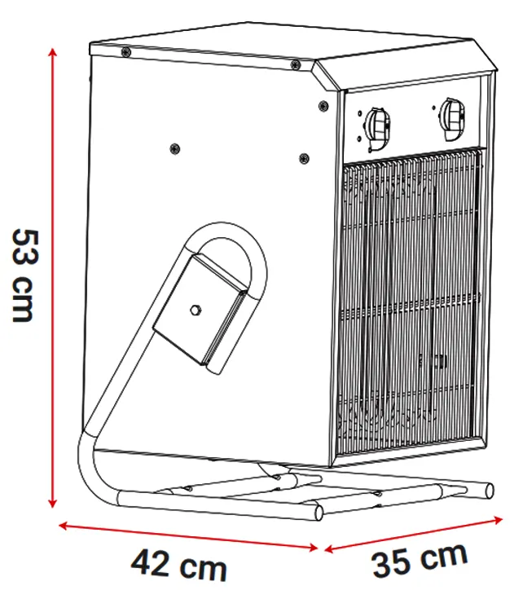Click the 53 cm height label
click(24, 275)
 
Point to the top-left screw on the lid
click(125, 52)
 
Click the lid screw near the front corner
click(295, 64)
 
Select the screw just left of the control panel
click(323, 105)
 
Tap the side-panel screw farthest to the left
click(175, 148)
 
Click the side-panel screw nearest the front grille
click(304, 158)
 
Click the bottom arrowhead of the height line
click(53, 503)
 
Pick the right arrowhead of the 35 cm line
click(498, 520)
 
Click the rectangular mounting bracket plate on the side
click(200, 310)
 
